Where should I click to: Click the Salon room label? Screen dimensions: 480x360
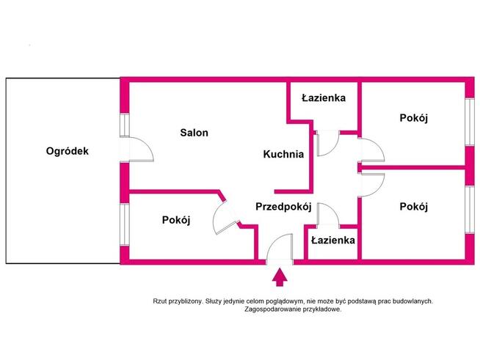[194, 133]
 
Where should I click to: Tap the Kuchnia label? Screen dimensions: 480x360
[283, 154]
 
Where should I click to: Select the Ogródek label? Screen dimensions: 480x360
[68, 151]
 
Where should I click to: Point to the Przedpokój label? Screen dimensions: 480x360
[283, 207]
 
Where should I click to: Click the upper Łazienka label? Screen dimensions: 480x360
[324, 98]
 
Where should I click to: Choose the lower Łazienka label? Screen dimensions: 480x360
[333, 240]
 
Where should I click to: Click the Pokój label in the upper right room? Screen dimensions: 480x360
[413, 118]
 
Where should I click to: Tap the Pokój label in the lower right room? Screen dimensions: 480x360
[413, 207]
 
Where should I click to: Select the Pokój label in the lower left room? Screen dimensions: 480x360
[176, 220]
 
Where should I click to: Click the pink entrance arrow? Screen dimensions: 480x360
[280, 277]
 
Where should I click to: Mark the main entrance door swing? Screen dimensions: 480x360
[280, 247]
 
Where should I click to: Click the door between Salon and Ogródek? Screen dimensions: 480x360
[141, 150]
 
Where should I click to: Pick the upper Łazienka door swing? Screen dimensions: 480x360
[328, 143]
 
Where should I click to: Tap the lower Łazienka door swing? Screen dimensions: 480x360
[328, 215]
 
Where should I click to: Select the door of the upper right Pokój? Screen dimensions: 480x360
[373, 150]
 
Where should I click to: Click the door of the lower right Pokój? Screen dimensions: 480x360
[373, 185]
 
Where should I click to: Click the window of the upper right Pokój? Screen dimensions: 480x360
[470, 122]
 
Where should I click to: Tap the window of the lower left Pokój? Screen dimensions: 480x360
[125, 224]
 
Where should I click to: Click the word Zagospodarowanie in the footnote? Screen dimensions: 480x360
[273, 309]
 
